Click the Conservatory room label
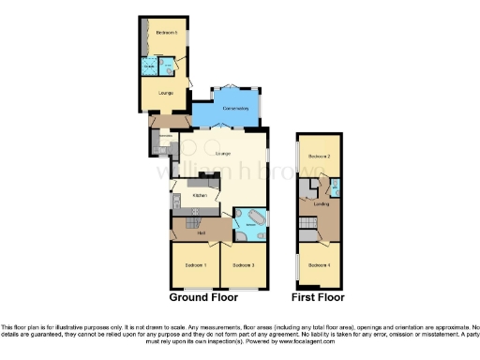pos(234,110)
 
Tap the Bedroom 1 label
pos(195,266)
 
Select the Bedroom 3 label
pos(244,266)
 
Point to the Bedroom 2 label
pos(320,156)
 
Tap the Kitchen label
pos(200,195)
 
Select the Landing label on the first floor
pos(320,202)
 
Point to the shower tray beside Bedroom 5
pos(150,67)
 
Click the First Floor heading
pos(318,297)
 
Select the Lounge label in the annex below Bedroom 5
pos(165,93)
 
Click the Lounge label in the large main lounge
pos(223,154)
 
